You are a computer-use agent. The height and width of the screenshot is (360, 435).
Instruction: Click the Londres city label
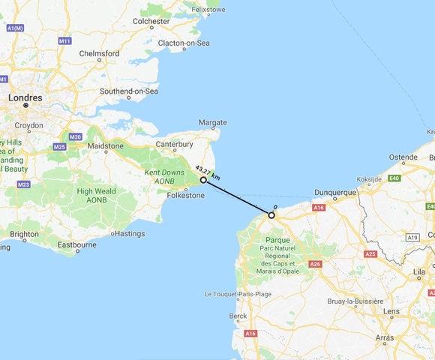click(x=25, y=97)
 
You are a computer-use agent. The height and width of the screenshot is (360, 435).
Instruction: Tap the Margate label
click(x=214, y=121)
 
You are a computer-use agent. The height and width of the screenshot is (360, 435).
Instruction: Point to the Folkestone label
click(x=184, y=196)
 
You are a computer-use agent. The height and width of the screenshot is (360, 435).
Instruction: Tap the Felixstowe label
click(x=209, y=10)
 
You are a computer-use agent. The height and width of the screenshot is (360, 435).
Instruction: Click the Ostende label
click(x=403, y=158)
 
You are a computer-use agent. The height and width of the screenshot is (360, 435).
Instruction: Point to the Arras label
click(x=384, y=337)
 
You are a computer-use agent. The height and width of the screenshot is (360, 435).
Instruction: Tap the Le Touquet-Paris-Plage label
click(x=238, y=294)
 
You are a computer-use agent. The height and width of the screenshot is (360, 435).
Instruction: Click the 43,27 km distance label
click(x=207, y=172)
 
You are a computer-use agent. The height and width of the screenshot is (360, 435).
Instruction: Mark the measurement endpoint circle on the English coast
click(x=203, y=180)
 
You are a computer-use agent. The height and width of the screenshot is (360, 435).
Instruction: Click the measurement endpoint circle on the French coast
click(x=271, y=215)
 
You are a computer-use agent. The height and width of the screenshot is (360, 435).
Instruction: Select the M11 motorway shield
click(x=64, y=40)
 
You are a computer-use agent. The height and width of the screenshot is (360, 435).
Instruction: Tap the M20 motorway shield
click(x=75, y=136)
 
